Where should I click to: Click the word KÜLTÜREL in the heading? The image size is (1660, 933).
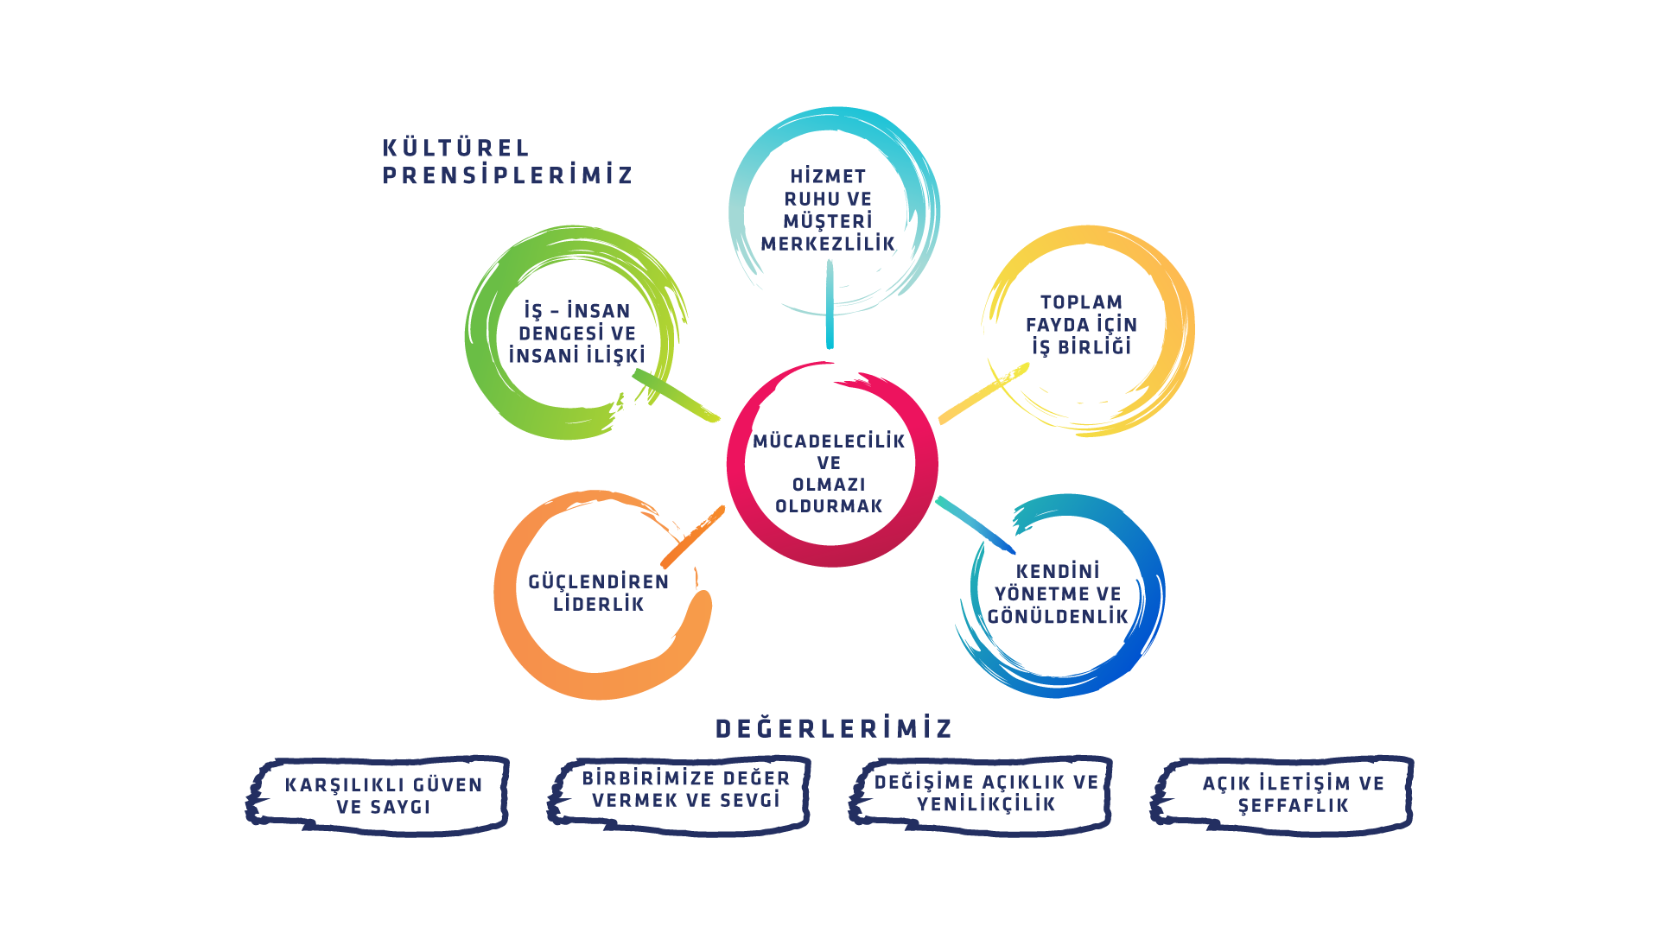455,148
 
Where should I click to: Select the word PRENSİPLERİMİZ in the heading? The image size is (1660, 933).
507,175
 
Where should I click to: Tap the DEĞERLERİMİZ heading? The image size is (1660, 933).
833,728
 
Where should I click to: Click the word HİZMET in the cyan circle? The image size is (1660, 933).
828,176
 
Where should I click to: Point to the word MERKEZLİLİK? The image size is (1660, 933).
828,244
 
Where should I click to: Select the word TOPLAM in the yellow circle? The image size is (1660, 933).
1081,302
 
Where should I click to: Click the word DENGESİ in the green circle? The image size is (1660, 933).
553,333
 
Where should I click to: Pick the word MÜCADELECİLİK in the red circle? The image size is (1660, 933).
829,441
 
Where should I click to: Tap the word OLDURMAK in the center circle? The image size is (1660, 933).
829,506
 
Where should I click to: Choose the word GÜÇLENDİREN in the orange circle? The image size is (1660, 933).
599,582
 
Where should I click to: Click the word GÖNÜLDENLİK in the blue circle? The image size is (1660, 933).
1058,616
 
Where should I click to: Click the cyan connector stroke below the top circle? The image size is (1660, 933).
830,303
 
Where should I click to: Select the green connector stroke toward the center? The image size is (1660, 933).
676,396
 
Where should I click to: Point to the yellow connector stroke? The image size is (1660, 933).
983,393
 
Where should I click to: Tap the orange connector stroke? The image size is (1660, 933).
692,536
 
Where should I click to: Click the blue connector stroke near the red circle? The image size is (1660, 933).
975,525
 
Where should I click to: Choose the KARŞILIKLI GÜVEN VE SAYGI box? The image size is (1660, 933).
378,796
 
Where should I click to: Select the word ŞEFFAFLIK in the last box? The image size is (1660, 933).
1293,806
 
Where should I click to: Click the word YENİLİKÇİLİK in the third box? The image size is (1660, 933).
986,805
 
